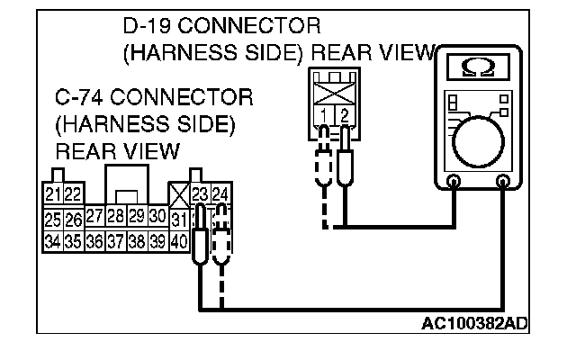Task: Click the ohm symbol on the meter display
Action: click(476, 68)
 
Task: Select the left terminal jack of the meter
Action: click(454, 183)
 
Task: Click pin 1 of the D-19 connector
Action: click(321, 115)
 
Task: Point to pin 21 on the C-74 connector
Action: click(52, 194)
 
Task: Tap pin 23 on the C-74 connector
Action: click(200, 194)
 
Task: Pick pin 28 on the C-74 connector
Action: click(114, 217)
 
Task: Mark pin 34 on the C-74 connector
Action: click(52, 241)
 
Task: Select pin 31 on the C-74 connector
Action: click(178, 219)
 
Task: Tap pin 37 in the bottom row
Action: click(114, 241)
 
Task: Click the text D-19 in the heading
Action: click(148, 25)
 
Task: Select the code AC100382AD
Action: click(474, 322)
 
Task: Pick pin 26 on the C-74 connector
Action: click(73, 219)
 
